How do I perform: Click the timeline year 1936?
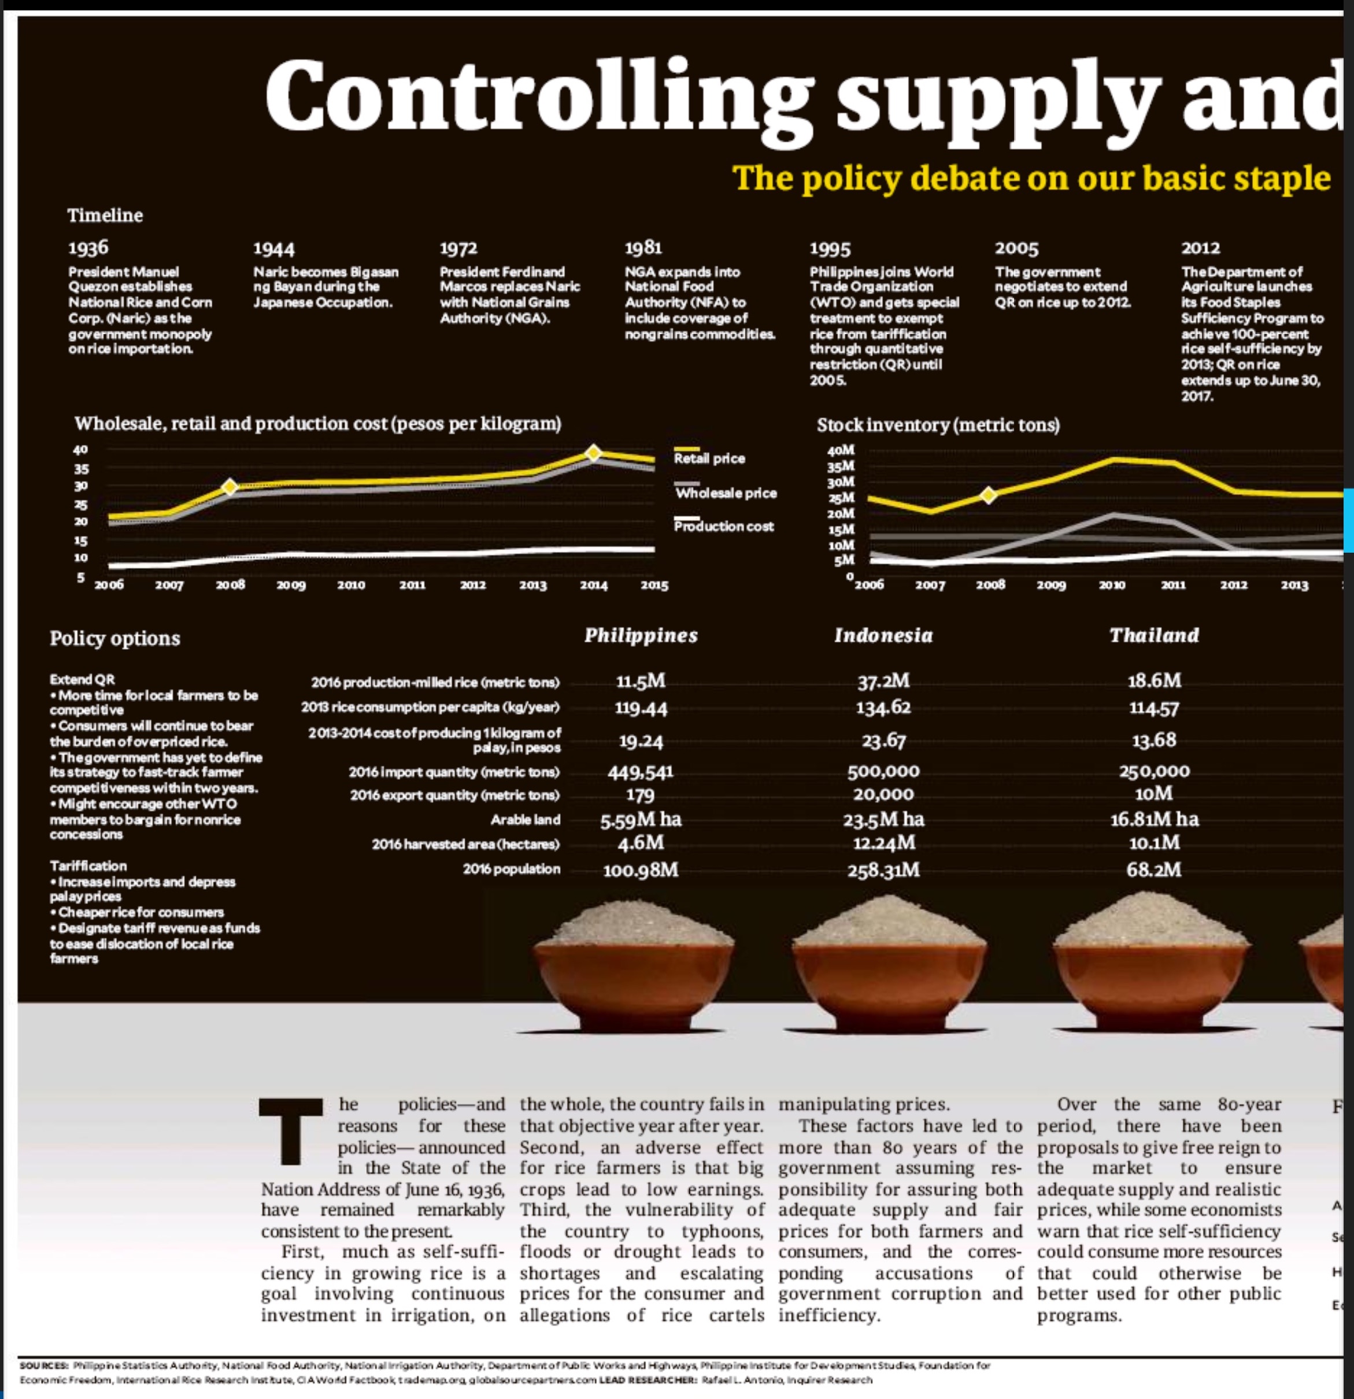[x=88, y=247]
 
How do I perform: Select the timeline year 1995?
[x=830, y=249]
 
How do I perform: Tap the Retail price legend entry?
[x=709, y=458]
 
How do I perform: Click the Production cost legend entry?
[x=723, y=526]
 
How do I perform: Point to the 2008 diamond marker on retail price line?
[x=229, y=487]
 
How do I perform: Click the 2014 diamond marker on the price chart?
[x=593, y=453]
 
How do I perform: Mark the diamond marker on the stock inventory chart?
[x=988, y=495]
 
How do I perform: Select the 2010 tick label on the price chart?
[x=350, y=585]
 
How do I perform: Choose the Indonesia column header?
[x=883, y=635]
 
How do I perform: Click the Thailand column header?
[x=1153, y=635]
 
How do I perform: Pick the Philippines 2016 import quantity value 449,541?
[x=640, y=772]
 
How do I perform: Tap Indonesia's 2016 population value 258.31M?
[x=883, y=870]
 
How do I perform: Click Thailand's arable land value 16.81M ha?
[x=1153, y=819]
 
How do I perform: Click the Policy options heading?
[x=115, y=638]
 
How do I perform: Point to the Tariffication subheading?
[x=88, y=866]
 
